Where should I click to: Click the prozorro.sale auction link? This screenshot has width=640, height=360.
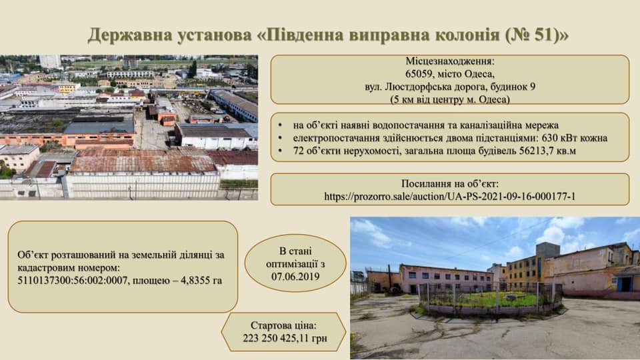point(450,196)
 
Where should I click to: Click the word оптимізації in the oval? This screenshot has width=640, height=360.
point(295,263)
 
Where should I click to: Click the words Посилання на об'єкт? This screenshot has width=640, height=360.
point(450,183)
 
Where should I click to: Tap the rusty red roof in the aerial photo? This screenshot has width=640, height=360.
point(143,162)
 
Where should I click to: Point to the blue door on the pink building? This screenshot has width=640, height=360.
point(625,283)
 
